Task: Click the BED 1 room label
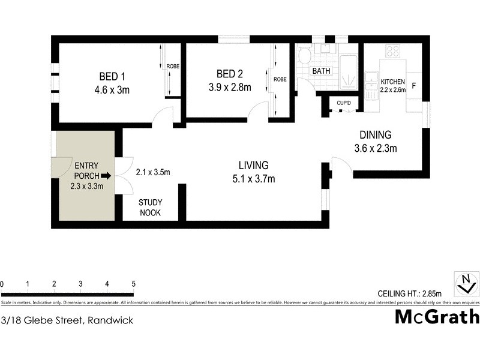coord(110,76)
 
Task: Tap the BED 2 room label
coord(229,74)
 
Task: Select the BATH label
coord(320,71)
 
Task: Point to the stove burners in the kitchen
coord(393,52)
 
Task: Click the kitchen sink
coord(370,80)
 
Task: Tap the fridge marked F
coord(413,85)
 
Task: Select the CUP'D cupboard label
coord(343,104)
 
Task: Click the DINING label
coord(375,135)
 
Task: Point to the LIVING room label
coord(253,165)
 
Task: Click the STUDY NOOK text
coord(150,208)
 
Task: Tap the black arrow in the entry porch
coord(106,176)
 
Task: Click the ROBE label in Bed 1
coord(173,67)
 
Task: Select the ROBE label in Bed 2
coord(280,79)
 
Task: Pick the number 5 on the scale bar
coord(133,284)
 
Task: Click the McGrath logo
coord(437,317)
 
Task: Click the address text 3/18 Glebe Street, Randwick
coord(67,320)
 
